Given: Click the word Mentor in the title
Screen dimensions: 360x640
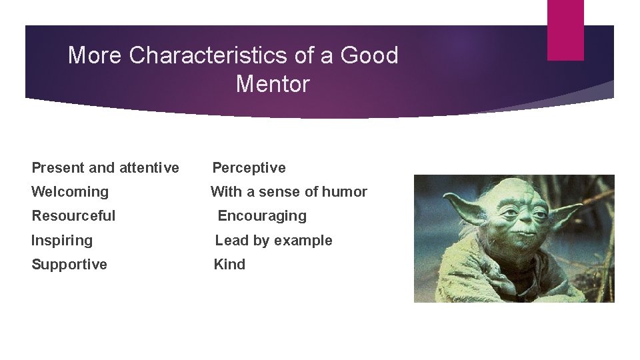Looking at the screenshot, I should [x=273, y=85].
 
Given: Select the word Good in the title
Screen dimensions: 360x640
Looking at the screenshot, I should [x=369, y=55].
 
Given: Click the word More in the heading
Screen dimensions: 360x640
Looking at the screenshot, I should [x=95, y=55].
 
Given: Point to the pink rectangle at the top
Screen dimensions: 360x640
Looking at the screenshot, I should [x=565, y=29].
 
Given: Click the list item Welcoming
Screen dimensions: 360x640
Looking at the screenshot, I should [x=70, y=192].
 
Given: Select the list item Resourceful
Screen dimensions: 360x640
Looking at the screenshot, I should [x=73, y=216].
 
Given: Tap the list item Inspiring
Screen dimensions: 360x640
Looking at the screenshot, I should [x=62, y=240].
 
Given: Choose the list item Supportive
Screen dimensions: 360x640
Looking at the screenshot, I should [x=69, y=265].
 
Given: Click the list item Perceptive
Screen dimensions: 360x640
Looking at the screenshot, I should [x=249, y=168].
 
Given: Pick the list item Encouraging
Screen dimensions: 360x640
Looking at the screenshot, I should [x=262, y=216].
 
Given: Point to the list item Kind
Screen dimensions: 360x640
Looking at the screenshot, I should [x=229, y=265].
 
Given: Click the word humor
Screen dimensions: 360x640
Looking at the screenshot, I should [x=345, y=192].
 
